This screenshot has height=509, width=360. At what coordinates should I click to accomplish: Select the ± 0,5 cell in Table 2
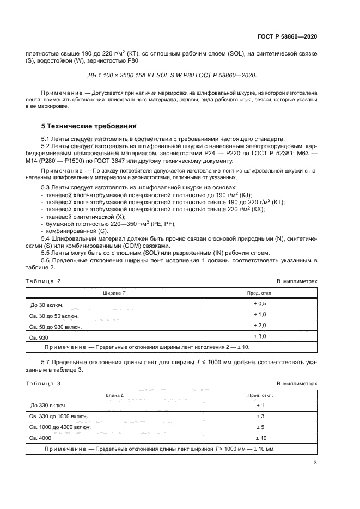tap(259, 303)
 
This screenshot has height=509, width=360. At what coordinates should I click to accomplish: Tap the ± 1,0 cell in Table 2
tap(259, 315)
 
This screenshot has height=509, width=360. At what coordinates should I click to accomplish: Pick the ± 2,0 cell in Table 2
tap(259, 326)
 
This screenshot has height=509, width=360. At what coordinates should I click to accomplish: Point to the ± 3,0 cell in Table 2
tap(259, 336)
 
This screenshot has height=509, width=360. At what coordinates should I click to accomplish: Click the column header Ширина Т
tap(114, 292)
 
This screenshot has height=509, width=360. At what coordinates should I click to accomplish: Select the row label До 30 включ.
tap(48, 304)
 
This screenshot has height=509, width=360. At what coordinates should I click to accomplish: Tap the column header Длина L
tap(114, 395)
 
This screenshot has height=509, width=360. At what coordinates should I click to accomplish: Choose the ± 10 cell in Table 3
tap(259, 438)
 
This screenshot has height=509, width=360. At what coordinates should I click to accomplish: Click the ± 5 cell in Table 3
tap(259, 427)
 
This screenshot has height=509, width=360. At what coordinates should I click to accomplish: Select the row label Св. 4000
tap(41, 438)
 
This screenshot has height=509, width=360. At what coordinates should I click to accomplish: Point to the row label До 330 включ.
tap(48, 406)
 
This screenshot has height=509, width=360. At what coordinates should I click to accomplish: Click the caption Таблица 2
tap(43, 281)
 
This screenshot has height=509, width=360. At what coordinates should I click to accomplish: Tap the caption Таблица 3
tap(43, 384)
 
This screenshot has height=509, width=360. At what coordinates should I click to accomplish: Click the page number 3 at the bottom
tap(315, 463)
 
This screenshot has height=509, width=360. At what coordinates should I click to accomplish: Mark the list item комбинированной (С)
tap(76, 230)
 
